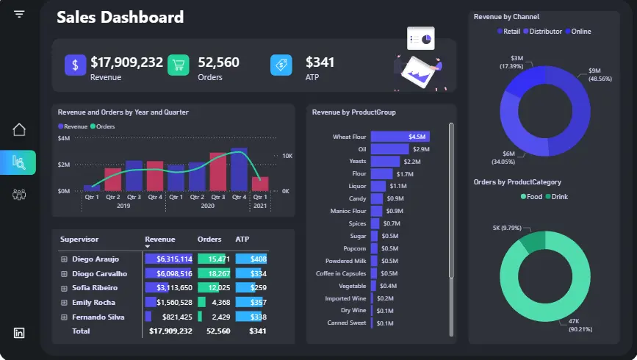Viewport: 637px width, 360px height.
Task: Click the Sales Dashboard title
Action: point(120,17)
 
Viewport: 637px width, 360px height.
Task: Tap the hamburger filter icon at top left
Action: point(19,14)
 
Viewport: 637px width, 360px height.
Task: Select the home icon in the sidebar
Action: point(19,129)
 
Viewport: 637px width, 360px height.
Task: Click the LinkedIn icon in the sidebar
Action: point(19,333)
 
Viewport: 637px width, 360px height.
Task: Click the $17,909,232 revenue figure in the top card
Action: point(126,62)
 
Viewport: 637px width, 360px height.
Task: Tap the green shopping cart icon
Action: point(178,65)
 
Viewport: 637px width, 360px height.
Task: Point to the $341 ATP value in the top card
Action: point(320,62)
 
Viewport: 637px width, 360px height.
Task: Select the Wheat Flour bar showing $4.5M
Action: point(400,137)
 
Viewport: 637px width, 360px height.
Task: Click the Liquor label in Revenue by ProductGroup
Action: point(356,187)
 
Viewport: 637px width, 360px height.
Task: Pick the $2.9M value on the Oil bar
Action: point(421,149)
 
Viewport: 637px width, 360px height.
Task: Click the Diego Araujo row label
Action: point(96,259)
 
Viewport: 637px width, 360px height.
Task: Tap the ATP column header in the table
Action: point(242,240)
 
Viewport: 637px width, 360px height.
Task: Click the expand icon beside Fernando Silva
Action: point(64,317)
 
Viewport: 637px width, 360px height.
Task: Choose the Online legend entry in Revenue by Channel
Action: point(577,32)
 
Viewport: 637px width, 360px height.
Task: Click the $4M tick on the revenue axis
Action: point(64,138)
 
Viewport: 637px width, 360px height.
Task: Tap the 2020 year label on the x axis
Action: point(207,206)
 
